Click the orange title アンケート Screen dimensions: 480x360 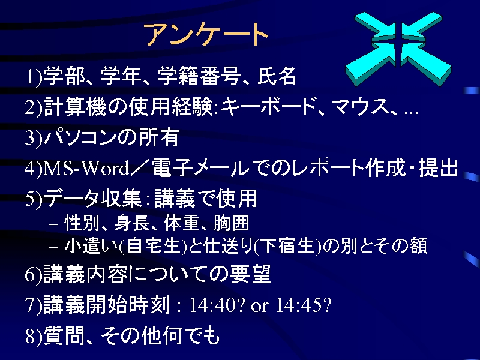click(x=206, y=34)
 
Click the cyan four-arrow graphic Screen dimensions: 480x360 click(x=398, y=49)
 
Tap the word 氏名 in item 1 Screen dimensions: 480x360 click(x=277, y=76)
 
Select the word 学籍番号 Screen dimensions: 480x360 click(x=198, y=76)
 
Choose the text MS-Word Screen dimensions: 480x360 click(x=86, y=168)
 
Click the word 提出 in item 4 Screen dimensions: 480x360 click(x=438, y=168)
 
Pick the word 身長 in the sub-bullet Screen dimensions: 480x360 click(x=132, y=223)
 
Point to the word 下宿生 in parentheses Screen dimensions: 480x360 click(x=289, y=246)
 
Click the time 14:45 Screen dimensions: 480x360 click(x=299, y=305)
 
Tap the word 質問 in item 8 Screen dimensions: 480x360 click(x=64, y=335)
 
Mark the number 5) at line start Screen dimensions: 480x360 click(x=34, y=199)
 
